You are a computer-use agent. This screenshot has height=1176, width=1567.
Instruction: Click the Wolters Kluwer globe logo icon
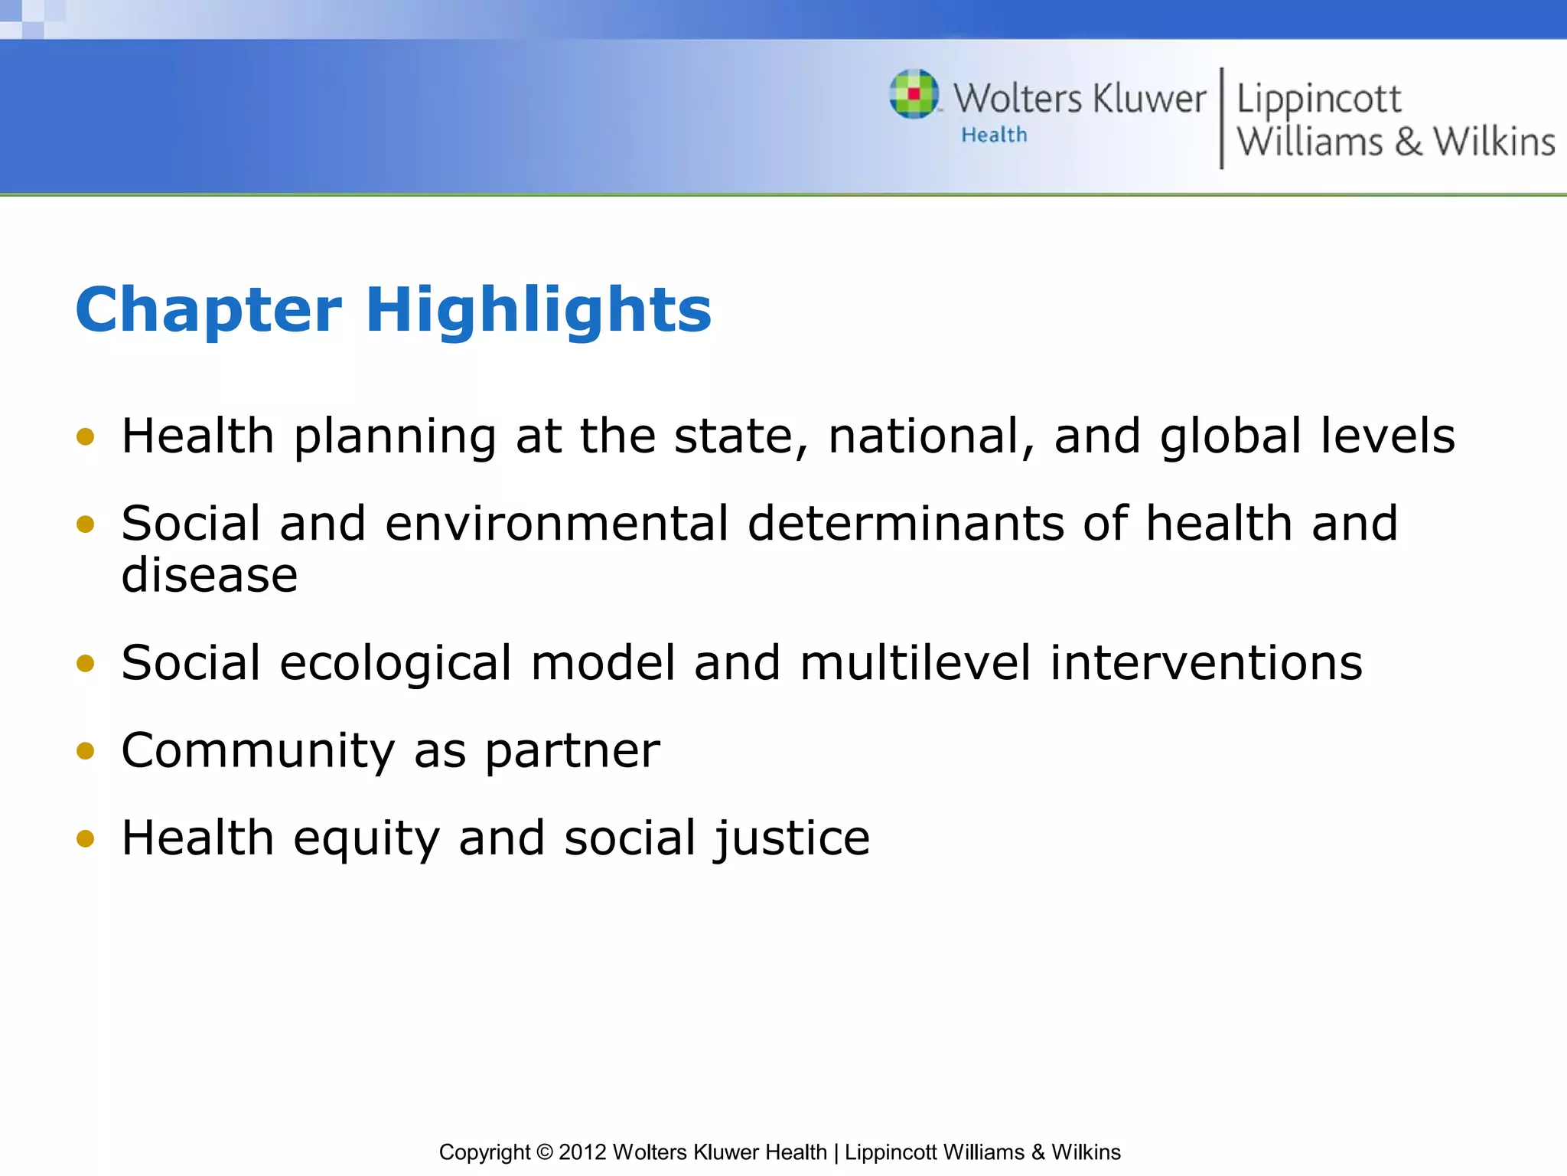(x=914, y=95)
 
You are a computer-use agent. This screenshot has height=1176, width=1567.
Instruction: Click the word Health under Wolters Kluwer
(x=994, y=136)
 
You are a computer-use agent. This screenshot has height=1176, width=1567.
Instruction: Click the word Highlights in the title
(x=539, y=310)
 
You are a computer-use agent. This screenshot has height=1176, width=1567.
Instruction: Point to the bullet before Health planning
(x=85, y=437)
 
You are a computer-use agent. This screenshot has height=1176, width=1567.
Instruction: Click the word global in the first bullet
(x=1230, y=436)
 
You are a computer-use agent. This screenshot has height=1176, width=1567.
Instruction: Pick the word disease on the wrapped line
(x=209, y=575)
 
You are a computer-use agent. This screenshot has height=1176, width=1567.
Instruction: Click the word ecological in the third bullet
(x=395, y=663)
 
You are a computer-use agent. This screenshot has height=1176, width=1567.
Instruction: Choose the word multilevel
(x=915, y=663)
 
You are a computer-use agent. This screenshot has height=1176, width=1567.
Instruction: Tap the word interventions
(x=1206, y=663)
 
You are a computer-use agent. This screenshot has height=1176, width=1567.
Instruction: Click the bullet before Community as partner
(x=85, y=751)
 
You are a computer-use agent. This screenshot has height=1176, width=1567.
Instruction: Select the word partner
(x=572, y=751)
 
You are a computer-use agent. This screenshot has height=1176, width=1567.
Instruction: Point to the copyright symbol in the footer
(x=544, y=1152)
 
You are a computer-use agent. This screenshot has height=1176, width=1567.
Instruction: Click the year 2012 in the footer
(x=582, y=1152)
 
